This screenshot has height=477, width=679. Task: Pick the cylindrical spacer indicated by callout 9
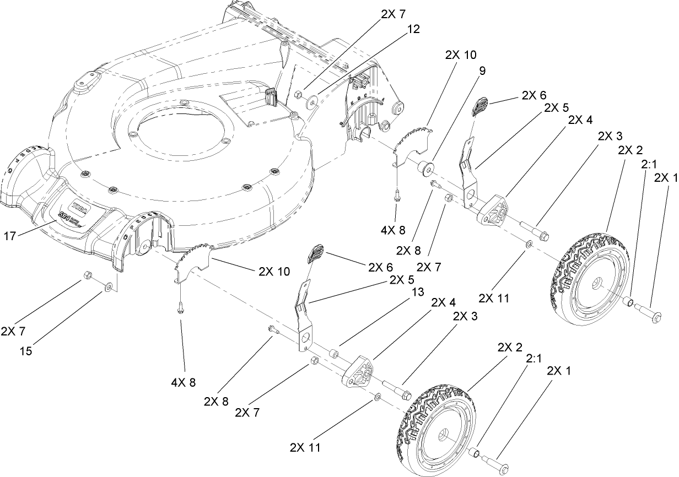(425, 167)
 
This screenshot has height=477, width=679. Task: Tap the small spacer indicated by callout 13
(334, 353)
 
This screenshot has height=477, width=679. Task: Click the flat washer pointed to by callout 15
(109, 287)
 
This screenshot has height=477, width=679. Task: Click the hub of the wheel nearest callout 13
(441, 434)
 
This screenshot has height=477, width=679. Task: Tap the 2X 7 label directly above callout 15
(13, 331)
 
